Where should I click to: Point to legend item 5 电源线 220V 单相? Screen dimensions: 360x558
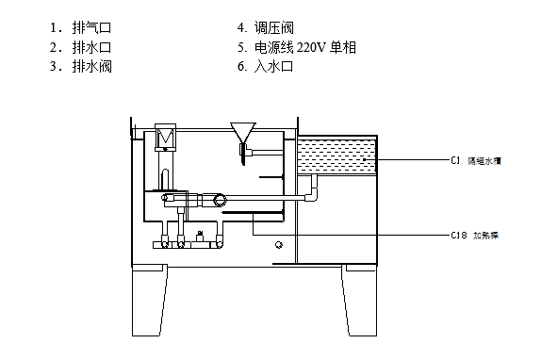[297, 46]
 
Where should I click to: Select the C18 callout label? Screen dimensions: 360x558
[459, 234]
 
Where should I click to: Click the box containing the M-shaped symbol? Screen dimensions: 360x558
[166, 138]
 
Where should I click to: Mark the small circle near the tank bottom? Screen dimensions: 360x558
[277, 245]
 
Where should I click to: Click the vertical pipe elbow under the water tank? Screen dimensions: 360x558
[314, 194]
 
